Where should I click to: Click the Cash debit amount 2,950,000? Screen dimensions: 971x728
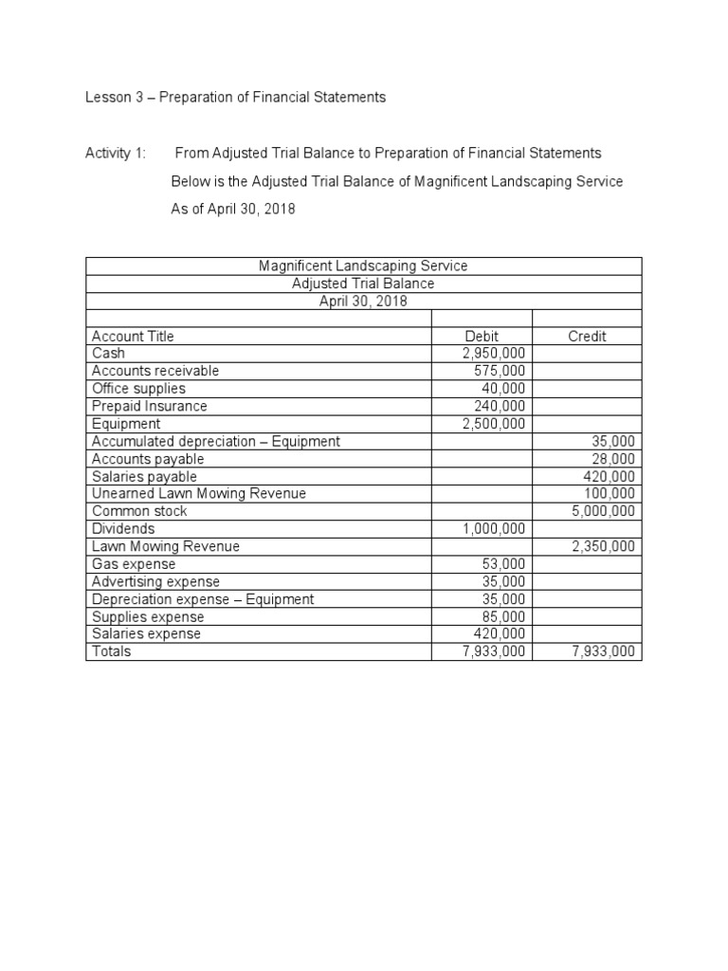pyautogui.click(x=493, y=354)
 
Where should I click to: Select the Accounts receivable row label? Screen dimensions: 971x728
pyautogui.click(x=155, y=371)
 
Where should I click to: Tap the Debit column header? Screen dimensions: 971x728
pyautogui.click(x=482, y=336)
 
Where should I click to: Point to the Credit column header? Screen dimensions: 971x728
pyautogui.click(x=587, y=336)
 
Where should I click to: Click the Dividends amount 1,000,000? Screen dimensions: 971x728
pyautogui.click(x=493, y=529)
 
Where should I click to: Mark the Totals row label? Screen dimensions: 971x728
pyautogui.click(x=111, y=651)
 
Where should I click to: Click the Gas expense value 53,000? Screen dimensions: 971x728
pyautogui.click(x=503, y=564)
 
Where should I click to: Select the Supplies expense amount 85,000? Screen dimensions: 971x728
pyautogui.click(x=503, y=616)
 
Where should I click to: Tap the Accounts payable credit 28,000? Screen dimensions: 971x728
pyautogui.click(x=614, y=459)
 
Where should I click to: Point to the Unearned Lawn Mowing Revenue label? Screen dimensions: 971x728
pyautogui.click(x=199, y=494)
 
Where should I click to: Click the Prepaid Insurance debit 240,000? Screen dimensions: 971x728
pyautogui.click(x=500, y=406)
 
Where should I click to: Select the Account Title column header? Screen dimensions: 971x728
pyautogui.click(x=133, y=336)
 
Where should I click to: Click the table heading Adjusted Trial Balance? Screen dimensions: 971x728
pyautogui.click(x=363, y=284)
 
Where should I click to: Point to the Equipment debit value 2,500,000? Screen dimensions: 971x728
pyautogui.click(x=493, y=424)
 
